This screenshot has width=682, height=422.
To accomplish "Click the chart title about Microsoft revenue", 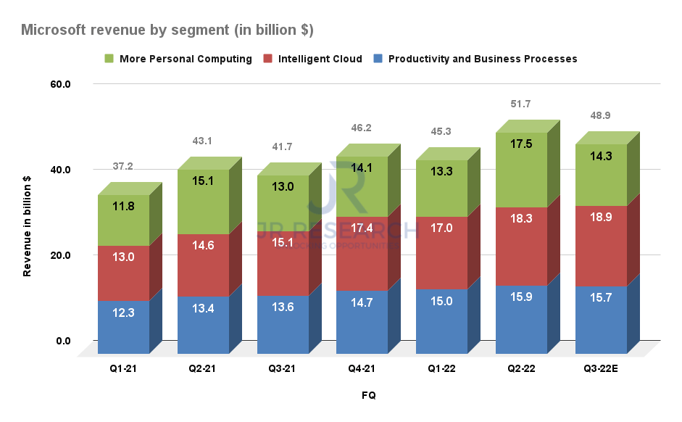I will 167,30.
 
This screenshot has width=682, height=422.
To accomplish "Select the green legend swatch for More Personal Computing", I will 109,59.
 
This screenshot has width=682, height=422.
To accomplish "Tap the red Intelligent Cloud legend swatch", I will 269,59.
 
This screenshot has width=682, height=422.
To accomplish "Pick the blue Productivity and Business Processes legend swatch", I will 379,59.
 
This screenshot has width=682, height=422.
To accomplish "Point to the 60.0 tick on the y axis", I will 60,84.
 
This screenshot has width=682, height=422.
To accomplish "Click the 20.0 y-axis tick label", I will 60,255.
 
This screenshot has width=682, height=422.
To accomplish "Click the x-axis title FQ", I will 369,395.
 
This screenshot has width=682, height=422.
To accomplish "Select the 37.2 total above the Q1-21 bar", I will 122,167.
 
